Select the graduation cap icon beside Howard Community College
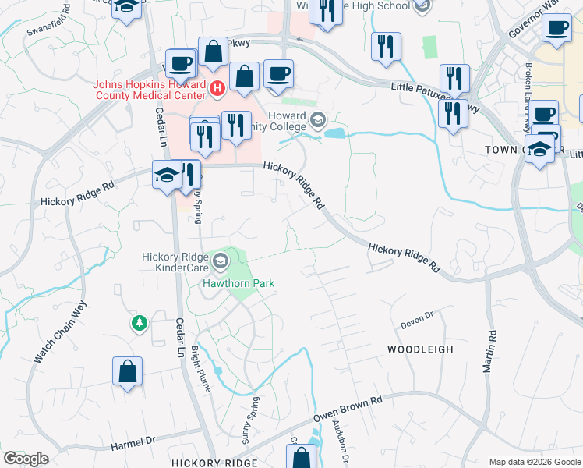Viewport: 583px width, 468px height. [317, 119]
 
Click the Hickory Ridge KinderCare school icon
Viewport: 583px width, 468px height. [221, 260]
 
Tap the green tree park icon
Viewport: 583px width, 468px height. [140, 322]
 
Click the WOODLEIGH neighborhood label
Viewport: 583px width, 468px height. [420, 349]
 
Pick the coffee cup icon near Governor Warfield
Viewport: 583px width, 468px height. [557, 29]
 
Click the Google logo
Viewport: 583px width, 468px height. [26, 459]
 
